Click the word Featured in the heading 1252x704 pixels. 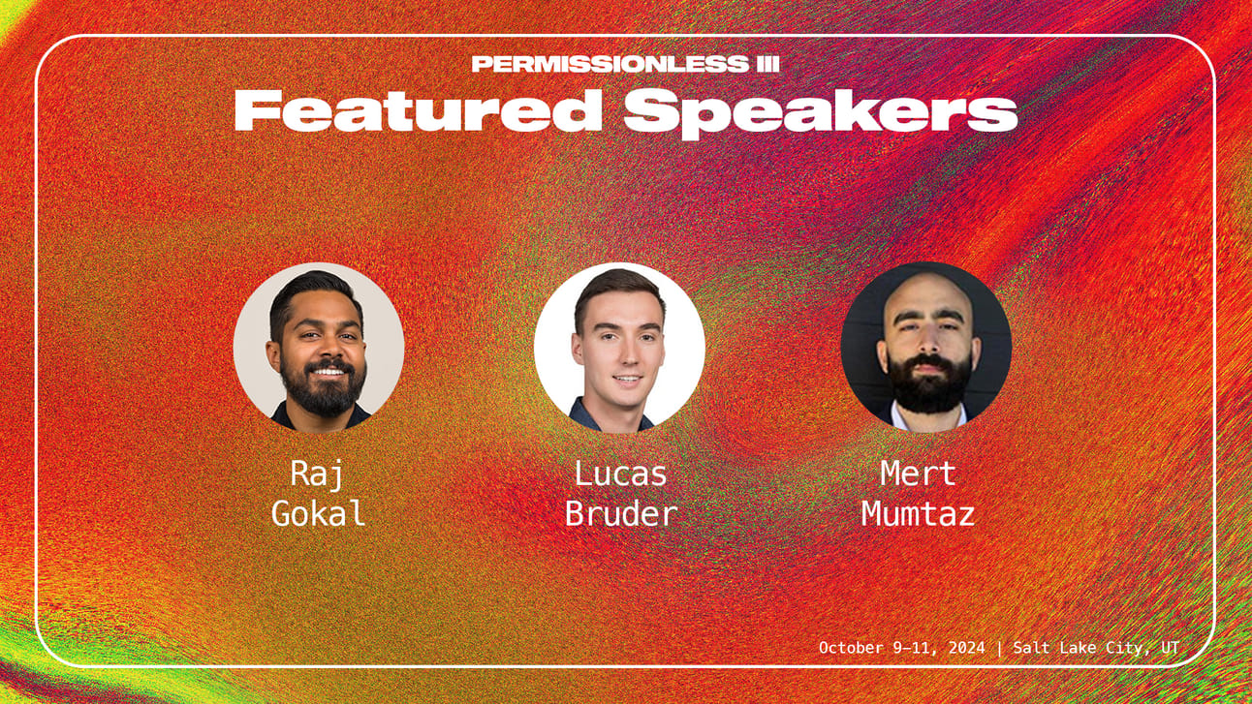418,110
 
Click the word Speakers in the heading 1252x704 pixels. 821,114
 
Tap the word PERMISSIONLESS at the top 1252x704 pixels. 610,64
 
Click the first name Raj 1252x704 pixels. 316,474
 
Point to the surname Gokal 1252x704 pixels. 318,513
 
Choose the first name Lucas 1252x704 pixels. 620,474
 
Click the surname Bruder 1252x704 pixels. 621,513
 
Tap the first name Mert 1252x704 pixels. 918,474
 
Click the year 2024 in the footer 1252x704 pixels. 966,648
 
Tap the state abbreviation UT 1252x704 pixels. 1171,648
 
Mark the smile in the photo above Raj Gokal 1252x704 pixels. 328,372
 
